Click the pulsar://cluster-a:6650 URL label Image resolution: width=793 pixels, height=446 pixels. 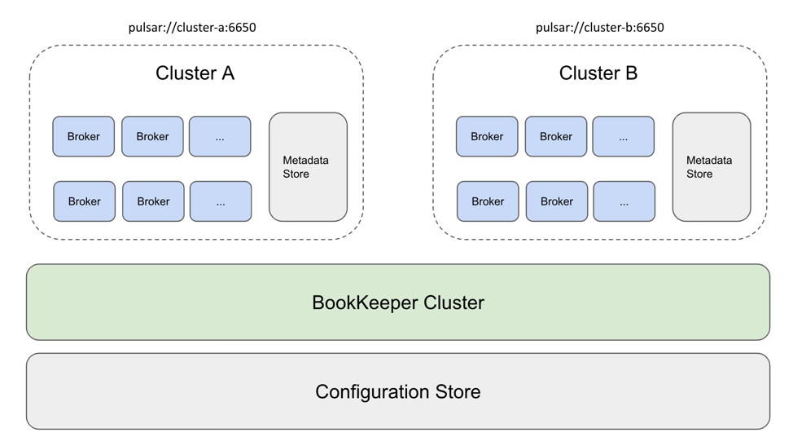point(192,28)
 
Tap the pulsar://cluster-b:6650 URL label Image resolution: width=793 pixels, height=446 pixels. point(599,28)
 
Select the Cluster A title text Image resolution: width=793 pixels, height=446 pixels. point(195,73)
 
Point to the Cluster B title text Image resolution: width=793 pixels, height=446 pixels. point(598,73)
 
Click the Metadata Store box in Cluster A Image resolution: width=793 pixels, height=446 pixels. point(308,167)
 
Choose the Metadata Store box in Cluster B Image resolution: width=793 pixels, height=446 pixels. point(711,167)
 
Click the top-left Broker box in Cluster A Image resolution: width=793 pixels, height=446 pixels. point(84,136)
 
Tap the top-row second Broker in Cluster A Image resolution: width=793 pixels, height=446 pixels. point(152,136)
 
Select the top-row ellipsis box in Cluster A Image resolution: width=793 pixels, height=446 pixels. point(220,136)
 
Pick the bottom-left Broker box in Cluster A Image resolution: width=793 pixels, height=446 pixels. point(85,201)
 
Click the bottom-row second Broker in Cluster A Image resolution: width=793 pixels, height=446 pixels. point(153,201)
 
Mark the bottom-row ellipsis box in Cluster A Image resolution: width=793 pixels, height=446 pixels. point(221,201)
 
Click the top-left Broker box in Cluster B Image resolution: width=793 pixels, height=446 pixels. point(487,136)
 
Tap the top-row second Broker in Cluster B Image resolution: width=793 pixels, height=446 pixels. point(556,136)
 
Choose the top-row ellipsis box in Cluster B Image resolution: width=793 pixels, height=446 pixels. point(623,136)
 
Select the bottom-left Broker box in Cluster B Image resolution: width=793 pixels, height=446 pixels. point(488,201)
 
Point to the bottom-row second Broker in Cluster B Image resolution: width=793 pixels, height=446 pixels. point(557,201)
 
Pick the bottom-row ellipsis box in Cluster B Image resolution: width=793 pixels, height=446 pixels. point(624,201)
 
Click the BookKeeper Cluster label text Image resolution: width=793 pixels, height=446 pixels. point(397,302)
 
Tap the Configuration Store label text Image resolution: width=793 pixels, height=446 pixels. point(397,391)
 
